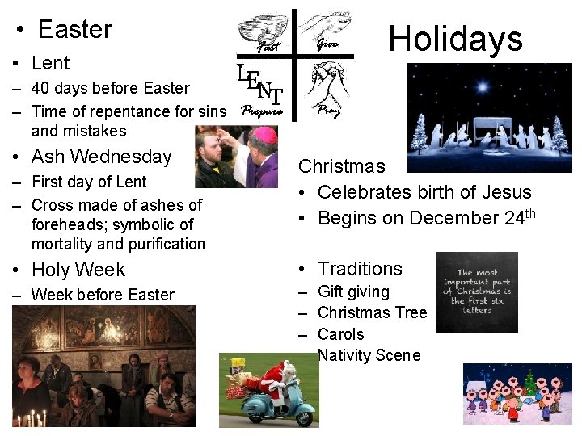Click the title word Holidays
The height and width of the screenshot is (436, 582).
455,38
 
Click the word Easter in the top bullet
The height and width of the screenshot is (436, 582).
74,30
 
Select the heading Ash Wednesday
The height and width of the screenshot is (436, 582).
101,157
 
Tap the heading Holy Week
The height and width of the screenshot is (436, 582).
78,270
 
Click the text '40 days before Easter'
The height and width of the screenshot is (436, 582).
110,88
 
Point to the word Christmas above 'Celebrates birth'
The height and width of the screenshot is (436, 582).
342,166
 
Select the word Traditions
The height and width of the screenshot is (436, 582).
360,269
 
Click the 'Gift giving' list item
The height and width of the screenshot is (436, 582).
353,291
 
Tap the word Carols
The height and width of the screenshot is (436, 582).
340,334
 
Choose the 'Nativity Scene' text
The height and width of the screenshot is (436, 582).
369,355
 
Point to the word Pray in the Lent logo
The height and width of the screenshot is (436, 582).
327,110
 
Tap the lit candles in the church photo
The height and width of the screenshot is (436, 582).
32,418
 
